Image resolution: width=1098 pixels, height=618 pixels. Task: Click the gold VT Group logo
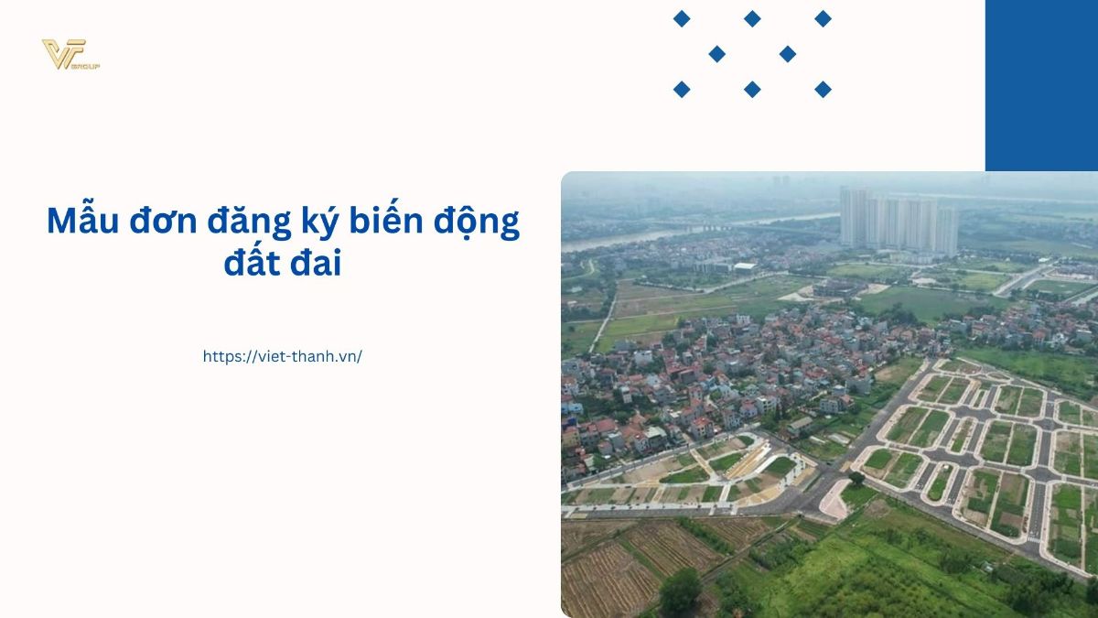tap(70, 54)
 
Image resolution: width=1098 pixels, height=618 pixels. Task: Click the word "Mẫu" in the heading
tap(83, 221)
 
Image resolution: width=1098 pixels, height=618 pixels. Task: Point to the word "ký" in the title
tap(319, 222)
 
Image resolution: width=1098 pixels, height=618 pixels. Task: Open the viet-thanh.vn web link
tap(283, 356)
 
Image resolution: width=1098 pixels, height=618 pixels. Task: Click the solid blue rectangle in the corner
tap(1041, 85)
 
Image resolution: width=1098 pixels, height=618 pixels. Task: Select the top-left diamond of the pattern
tap(682, 19)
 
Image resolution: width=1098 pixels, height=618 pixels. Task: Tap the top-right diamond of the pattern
tap(823, 19)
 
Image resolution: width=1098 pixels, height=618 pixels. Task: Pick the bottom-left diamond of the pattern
tap(682, 90)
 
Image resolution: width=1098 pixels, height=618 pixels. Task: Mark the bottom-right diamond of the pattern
tap(823, 90)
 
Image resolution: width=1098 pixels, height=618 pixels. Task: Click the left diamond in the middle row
tap(717, 54)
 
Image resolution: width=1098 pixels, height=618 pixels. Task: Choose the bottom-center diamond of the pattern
tap(752, 90)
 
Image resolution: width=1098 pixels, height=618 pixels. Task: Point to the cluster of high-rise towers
tap(899, 222)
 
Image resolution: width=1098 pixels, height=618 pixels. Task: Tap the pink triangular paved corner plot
tap(834, 499)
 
